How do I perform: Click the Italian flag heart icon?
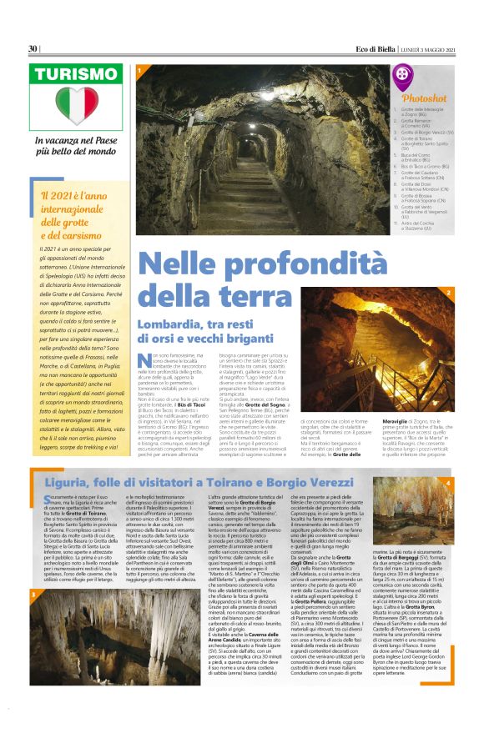click(80, 106)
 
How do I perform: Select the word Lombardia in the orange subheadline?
click(173, 299)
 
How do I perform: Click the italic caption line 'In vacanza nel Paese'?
click(81, 140)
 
